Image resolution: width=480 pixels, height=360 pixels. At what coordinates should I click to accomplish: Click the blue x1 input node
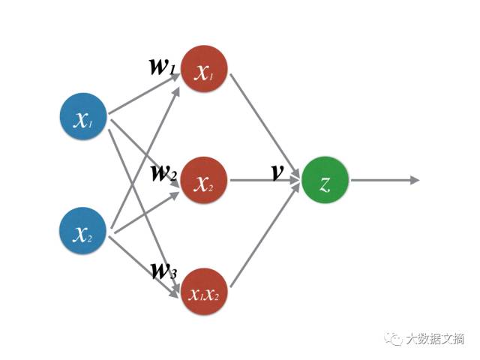tap(84, 118)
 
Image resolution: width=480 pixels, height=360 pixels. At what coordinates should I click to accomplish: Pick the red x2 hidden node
tap(204, 181)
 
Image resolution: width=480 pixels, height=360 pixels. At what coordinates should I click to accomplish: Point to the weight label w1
tap(163, 65)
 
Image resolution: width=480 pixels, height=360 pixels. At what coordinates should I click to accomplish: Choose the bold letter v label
tap(277, 172)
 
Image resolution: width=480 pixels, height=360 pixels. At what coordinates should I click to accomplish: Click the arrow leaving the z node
tap(382, 181)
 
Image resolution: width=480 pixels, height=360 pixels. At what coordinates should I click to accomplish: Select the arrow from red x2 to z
tap(262, 181)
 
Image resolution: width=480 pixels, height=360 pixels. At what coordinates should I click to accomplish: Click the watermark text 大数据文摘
tap(435, 339)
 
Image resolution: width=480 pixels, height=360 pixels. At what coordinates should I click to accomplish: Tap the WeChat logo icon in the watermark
tap(394, 339)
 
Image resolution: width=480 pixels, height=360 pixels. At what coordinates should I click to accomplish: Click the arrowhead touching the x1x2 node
tap(176, 294)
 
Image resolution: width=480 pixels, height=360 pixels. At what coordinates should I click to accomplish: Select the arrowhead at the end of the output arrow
tap(415, 181)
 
